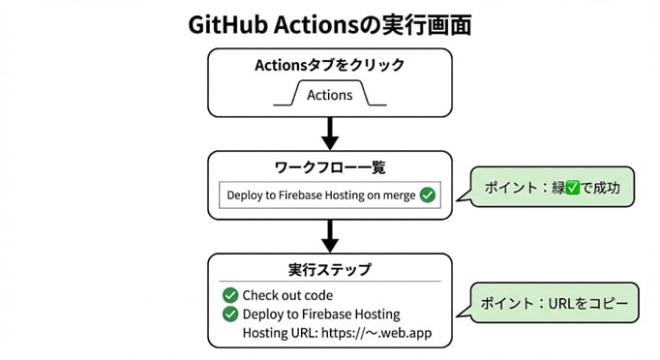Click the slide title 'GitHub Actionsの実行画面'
pos(330,24)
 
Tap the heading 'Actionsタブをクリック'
pos(330,67)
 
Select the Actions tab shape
pos(329,95)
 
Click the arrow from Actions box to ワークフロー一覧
pos(330,130)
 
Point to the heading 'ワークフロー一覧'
pos(330,167)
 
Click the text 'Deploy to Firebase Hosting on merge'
pos(320,195)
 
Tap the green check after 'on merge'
pos(428,195)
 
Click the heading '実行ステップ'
pos(330,269)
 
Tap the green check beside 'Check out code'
pos(230,295)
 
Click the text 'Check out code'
pos(286,295)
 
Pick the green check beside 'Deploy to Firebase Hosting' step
pos(230,315)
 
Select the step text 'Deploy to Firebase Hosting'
pos(321,315)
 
